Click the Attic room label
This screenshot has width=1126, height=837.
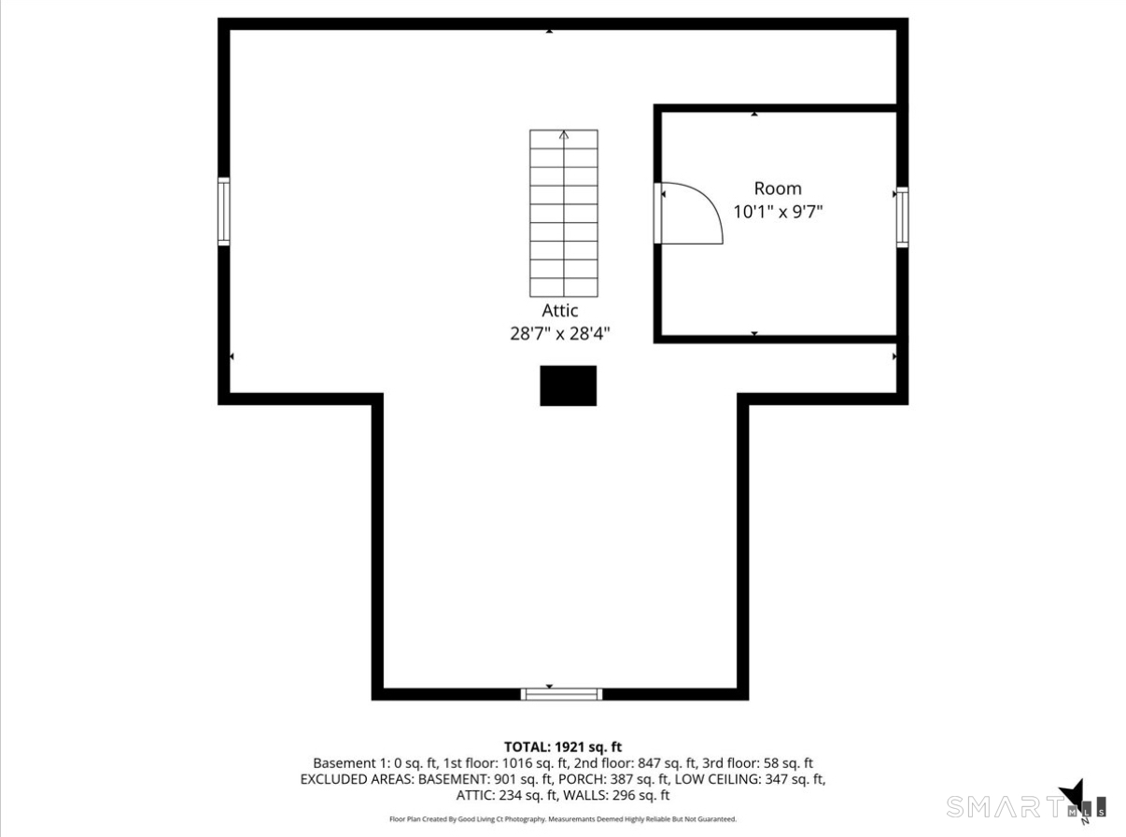(x=559, y=311)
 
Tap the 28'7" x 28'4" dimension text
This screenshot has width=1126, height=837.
(x=560, y=333)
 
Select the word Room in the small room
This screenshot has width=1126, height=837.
(x=778, y=188)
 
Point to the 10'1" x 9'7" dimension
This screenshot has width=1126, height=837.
(x=778, y=212)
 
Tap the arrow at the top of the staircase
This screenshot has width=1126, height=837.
(x=564, y=135)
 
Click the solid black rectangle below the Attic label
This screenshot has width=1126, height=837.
(x=568, y=385)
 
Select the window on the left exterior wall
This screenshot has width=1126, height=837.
(x=224, y=211)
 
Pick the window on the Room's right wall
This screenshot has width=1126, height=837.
(x=902, y=216)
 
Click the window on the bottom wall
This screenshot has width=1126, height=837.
(x=561, y=693)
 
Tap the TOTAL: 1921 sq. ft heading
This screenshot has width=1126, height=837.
(x=562, y=746)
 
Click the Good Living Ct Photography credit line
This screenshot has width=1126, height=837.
(x=562, y=819)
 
